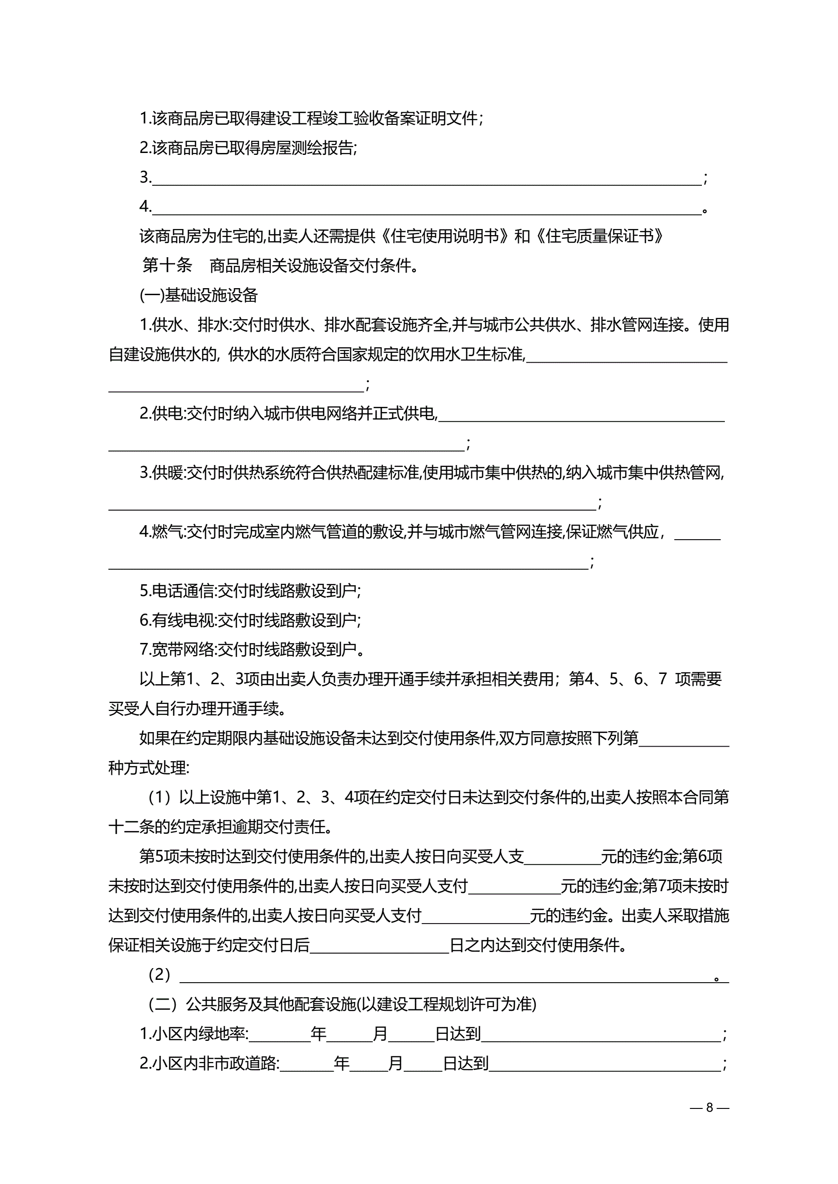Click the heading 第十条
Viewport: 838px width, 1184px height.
pos(167,266)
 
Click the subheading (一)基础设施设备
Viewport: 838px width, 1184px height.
pos(199,296)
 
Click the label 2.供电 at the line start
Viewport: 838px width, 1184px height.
pos(161,413)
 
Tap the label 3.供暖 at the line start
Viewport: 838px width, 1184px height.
pos(161,473)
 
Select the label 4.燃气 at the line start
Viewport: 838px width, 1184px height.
pos(161,532)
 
